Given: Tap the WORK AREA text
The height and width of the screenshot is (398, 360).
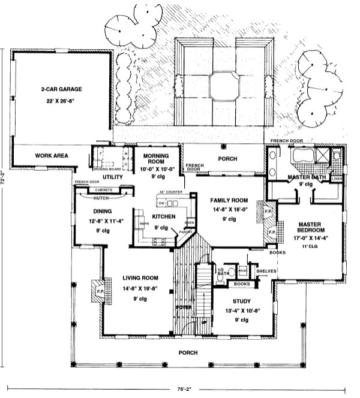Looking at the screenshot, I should pos(52,156).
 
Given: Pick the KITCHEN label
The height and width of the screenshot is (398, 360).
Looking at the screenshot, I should pos(163,216).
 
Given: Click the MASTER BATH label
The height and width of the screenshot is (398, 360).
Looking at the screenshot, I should pos(305,177).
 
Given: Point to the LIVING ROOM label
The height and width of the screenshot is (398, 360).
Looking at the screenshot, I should pos(140,278).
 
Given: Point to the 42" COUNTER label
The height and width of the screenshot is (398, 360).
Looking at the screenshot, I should pos(172,192).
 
